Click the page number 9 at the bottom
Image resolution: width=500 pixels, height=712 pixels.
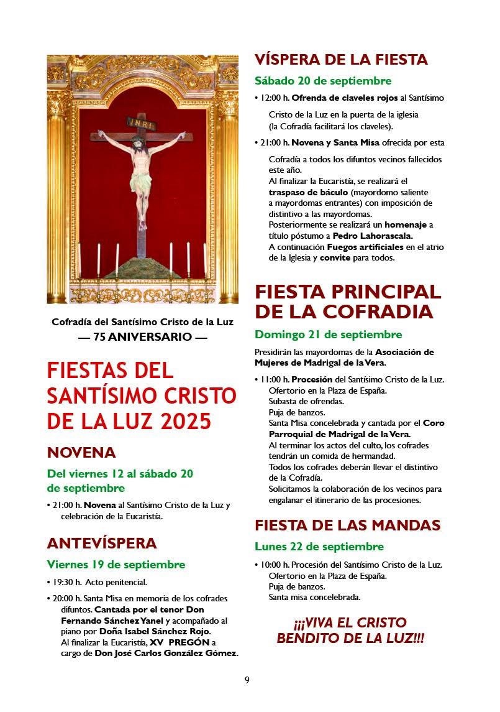247,680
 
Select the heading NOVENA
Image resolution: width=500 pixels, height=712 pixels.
81,452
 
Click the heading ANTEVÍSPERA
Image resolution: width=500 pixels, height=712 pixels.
102,543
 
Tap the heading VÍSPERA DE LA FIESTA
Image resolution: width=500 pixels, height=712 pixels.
341,60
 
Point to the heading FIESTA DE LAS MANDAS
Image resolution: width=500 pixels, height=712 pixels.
347,525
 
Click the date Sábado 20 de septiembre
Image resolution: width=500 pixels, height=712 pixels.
323,81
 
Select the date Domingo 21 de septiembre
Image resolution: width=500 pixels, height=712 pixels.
328,335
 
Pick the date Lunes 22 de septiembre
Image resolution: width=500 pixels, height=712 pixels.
319,547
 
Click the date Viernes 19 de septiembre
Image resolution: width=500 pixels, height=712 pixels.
116,565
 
